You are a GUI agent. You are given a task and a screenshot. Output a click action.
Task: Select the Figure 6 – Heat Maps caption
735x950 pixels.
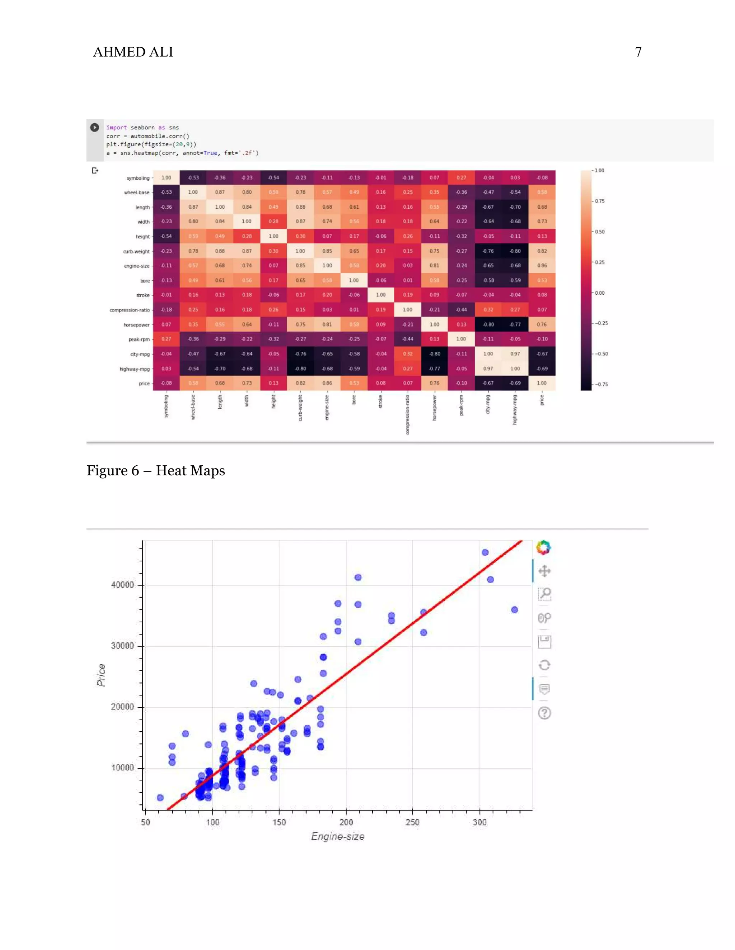tap(155, 471)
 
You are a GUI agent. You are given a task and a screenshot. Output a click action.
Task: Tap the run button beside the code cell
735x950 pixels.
tap(94, 128)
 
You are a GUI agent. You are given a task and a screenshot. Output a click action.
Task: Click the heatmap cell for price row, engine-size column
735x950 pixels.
tap(327, 383)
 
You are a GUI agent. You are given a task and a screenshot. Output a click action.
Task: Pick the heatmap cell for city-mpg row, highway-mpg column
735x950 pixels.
tap(515, 353)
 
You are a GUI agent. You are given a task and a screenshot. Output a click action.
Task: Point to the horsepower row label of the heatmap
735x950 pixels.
tap(136, 325)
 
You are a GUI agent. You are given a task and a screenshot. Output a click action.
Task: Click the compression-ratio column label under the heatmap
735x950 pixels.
tap(408, 414)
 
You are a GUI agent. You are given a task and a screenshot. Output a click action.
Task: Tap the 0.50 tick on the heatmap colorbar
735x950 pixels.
tap(600, 232)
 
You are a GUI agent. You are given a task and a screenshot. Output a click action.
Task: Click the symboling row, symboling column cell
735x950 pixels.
tap(166, 177)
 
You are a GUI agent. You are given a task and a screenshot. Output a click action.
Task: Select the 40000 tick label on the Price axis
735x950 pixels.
tap(122, 585)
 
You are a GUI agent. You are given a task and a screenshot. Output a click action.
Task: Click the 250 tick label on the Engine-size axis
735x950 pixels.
tap(412, 822)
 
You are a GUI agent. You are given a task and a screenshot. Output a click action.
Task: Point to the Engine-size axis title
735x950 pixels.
tap(337, 836)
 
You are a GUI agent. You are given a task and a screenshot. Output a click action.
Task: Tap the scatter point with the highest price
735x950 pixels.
tap(485, 552)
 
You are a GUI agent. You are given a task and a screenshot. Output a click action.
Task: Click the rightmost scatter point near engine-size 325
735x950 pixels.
tap(514, 610)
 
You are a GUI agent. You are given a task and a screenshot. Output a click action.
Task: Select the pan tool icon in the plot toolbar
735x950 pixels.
tap(544, 571)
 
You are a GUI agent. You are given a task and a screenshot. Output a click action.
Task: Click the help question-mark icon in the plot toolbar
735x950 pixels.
tap(544, 713)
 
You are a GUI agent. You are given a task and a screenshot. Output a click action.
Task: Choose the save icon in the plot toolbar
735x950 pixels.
tap(544, 642)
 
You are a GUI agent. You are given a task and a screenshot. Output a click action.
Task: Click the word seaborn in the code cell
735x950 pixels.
tap(142, 128)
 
